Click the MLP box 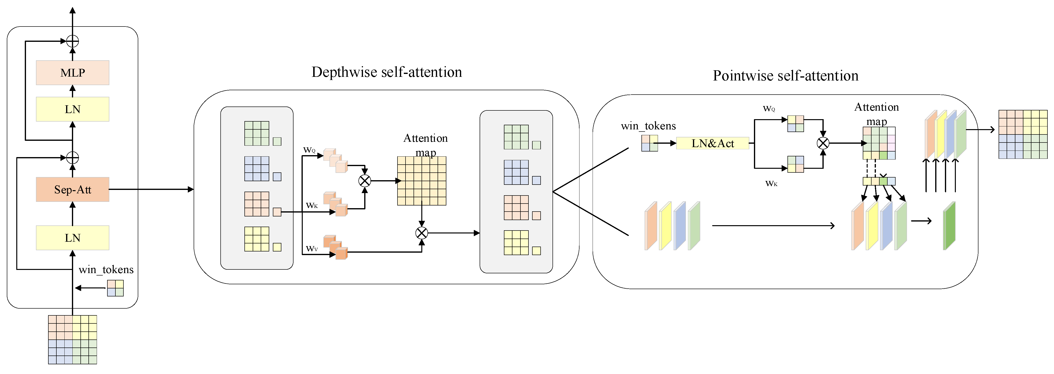point(72,73)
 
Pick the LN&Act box point(712,143)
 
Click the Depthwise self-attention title point(387,72)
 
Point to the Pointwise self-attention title point(785,76)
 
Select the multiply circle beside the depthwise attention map point(364,181)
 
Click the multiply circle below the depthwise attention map point(422,233)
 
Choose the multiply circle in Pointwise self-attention point(823,143)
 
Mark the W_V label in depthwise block point(312,249)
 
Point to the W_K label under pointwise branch point(771,184)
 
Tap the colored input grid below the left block point(72,339)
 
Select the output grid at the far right point(1023,134)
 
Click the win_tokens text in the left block point(106,269)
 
